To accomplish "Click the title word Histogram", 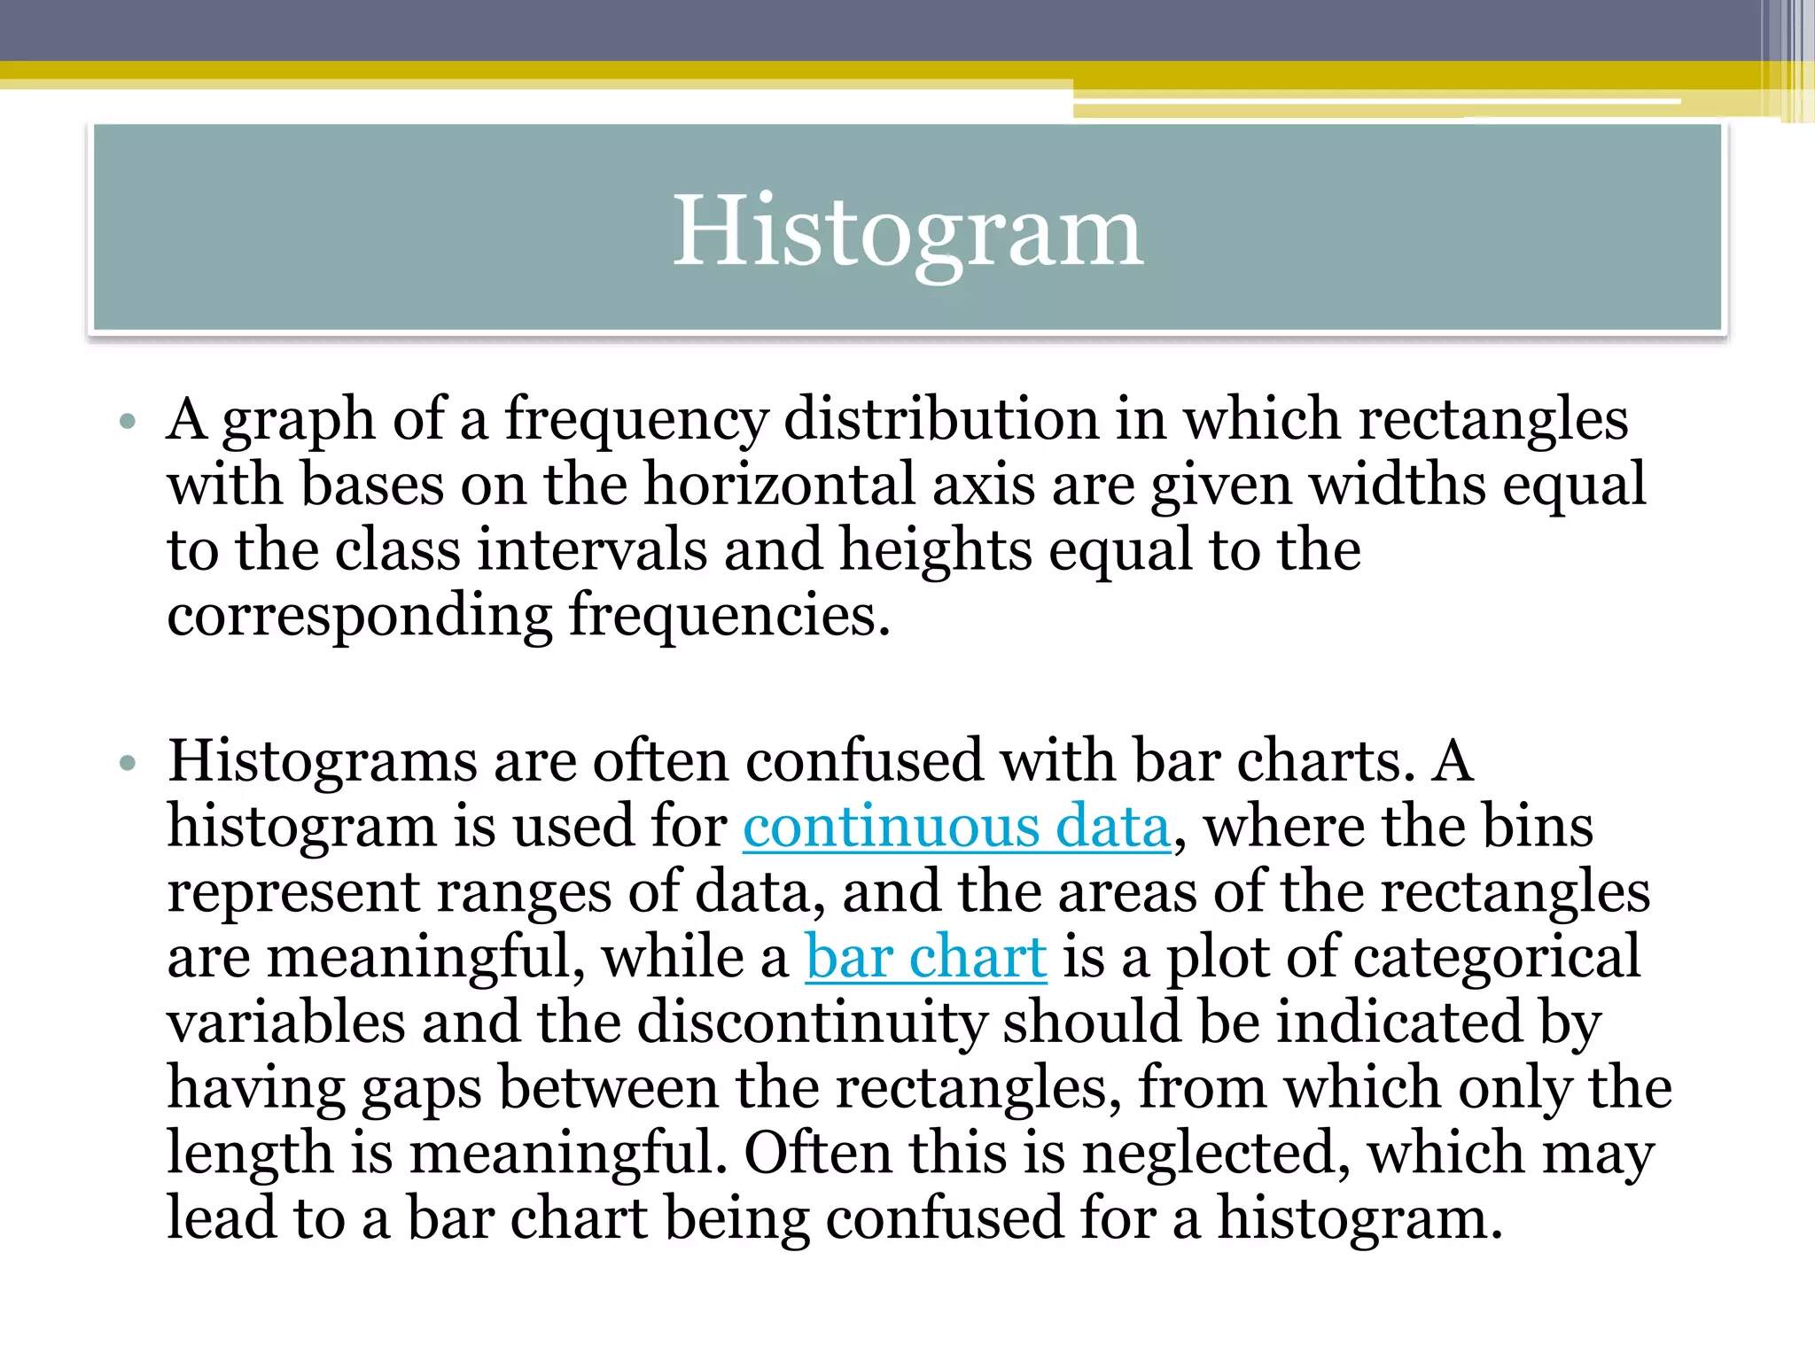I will point(907,231).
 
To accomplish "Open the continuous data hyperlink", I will point(956,827).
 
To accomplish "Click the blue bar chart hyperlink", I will point(925,958).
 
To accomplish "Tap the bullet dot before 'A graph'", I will point(128,421).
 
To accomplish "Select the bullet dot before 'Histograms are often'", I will point(128,763).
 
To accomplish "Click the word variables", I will point(285,1023).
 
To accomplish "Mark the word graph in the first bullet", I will point(299,421).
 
